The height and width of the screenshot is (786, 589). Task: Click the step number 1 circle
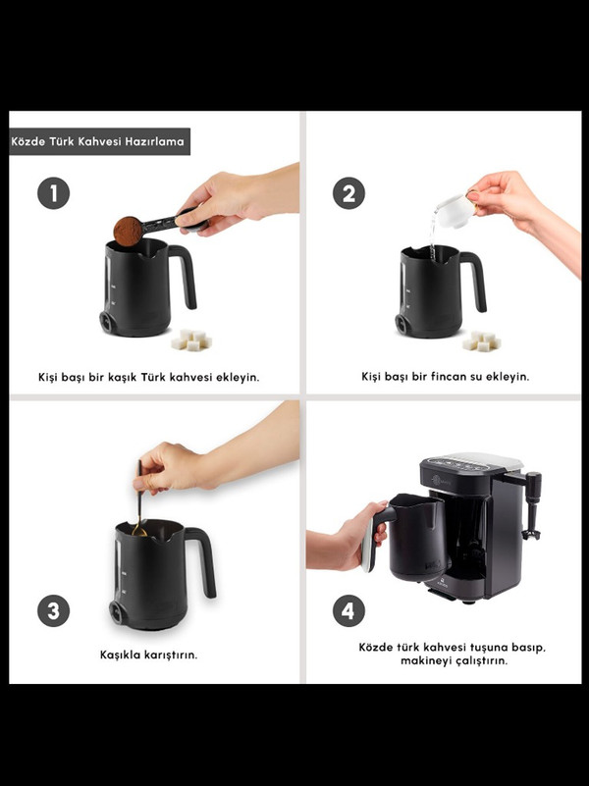[53, 193]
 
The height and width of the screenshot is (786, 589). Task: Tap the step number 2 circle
[348, 193]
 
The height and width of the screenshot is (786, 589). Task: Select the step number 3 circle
[53, 610]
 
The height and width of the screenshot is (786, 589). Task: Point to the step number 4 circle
[348, 610]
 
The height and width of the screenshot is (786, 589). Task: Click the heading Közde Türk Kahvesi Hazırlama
[98, 141]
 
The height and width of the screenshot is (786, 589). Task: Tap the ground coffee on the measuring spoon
[128, 231]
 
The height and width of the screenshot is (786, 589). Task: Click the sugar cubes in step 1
[191, 340]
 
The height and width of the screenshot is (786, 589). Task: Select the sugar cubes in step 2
[481, 341]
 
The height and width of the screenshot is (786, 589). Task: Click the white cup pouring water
[455, 211]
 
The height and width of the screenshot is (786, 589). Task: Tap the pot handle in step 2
[477, 279]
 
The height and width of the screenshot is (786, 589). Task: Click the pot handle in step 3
[204, 560]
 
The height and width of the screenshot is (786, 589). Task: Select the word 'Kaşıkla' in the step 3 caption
[121, 655]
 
